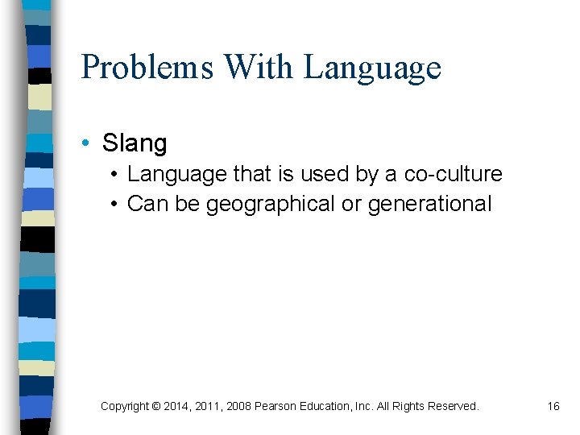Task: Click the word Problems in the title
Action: (147, 67)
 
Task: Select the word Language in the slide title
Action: (372, 67)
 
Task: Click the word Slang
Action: (135, 143)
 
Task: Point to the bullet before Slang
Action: (85, 143)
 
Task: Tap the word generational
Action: (429, 205)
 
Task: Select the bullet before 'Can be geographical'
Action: (116, 205)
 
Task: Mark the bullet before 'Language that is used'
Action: (116, 174)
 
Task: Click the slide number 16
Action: (553, 406)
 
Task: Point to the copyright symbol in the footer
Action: (155, 406)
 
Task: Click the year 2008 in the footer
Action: (238, 406)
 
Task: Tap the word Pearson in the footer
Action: (275, 406)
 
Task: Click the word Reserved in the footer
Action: (454, 406)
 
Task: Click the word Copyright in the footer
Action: (124, 406)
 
